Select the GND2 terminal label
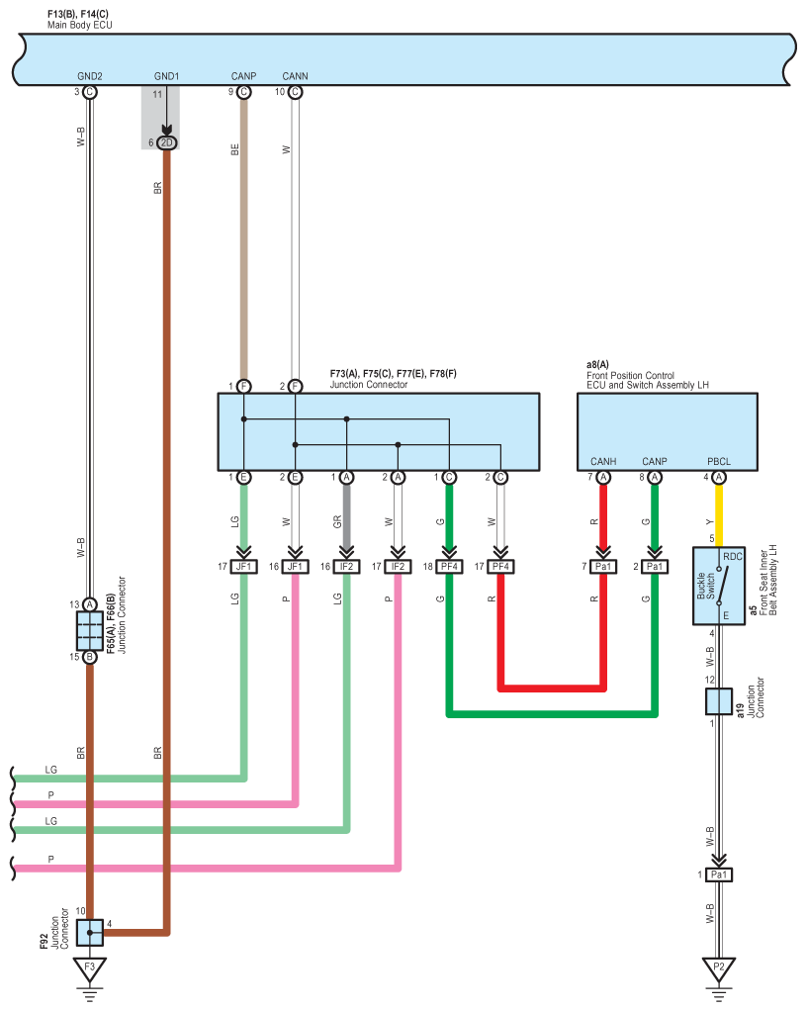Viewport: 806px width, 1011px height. click(89, 76)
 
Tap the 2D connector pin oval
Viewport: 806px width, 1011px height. click(166, 142)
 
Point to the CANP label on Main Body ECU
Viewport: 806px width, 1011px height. click(243, 76)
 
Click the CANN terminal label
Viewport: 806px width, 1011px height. click(295, 76)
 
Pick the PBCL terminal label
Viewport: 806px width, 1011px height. click(718, 462)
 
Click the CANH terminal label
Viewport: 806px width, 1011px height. click(603, 462)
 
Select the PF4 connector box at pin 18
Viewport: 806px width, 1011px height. click(449, 567)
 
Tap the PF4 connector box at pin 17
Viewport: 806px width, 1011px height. click(500, 567)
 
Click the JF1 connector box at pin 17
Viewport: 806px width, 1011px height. click(243, 567)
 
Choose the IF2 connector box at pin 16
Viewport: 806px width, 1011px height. click(346, 567)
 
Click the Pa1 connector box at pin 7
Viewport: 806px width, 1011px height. click(603, 567)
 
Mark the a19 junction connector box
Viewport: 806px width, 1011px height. click(718, 702)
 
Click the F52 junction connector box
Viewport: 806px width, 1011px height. click(89, 932)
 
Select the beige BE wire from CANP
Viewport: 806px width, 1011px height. click(243, 237)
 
